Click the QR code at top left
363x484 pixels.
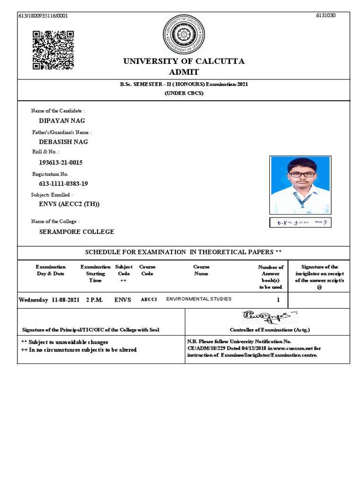tap(53, 50)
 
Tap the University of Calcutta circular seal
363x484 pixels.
tap(184, 34)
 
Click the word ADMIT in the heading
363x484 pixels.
tap(184, 72)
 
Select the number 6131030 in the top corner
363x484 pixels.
tap(326, 16)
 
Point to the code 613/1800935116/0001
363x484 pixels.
tap(43, 16)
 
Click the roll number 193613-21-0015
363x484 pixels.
tap(60, 163)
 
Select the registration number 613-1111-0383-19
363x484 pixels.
tap(63, 183)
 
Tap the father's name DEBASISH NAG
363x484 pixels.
tap(63, 142)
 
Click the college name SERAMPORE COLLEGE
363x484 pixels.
tap(77, 232)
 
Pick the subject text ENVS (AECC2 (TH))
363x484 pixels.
tap(69, 204)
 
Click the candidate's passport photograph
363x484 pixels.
tap(300, 185)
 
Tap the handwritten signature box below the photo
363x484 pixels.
tap(300, 222)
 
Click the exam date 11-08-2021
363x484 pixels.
tap(66, 300)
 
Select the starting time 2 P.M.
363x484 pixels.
tap(94, 300)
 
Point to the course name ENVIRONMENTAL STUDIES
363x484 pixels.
tap(199, 299)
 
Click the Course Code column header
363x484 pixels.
tap(147, 270)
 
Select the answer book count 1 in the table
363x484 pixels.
tap(278, 300)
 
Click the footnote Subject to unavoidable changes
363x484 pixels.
tap(65, 342)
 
